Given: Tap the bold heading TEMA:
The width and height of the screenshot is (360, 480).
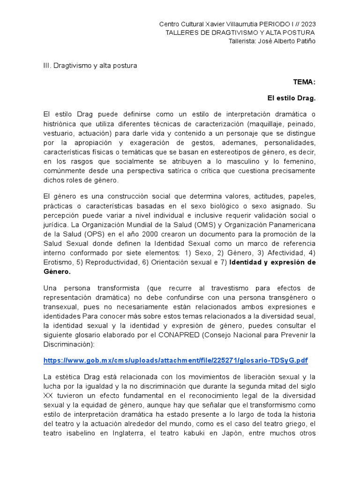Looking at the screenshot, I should [x=304, y=82].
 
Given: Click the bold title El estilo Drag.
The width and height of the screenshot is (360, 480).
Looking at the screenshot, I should [x=292, y=99].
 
